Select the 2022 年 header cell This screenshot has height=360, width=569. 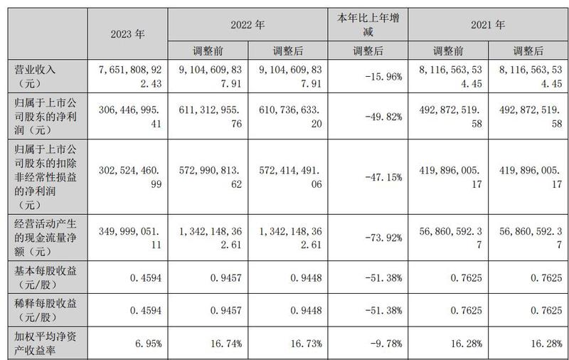click(x=248, y=24)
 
